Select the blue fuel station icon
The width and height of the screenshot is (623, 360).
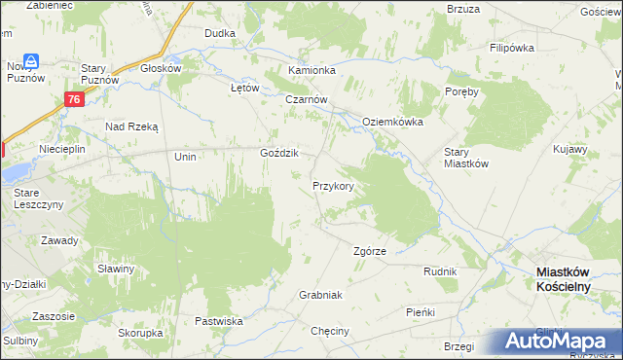(x=32, y=61)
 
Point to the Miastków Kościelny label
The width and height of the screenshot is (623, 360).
(x=574, y=280)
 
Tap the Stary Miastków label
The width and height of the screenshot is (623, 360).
(x=465, y=158)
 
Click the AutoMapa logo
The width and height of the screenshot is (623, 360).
(x=558, y=341)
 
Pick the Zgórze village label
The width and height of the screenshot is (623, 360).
(x=369, y=251)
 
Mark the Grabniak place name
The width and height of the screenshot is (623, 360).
(x=321, y=294)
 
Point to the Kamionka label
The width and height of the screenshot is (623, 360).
(x=311, y=71)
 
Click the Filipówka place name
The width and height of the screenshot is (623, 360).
(x=515, y=47)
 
